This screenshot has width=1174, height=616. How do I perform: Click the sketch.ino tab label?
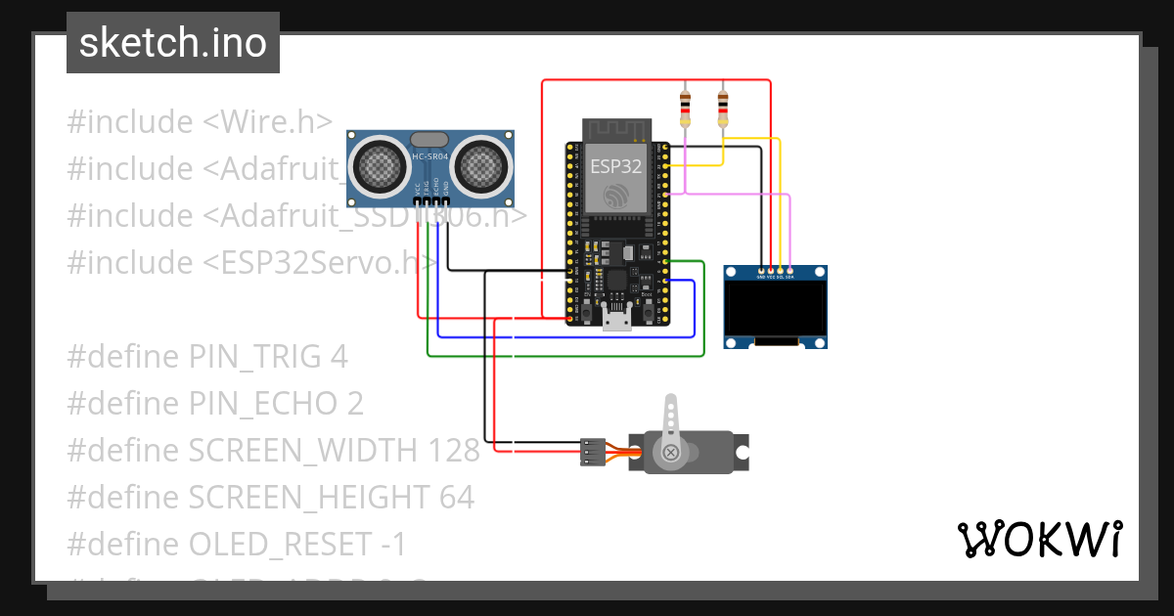(x=172, y=43)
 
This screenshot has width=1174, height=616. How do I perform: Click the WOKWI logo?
(x=1038, y=539)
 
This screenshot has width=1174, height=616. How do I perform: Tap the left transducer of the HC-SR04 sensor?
(x=378, y=165)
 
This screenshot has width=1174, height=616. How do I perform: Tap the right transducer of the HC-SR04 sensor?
(x=482, y=165)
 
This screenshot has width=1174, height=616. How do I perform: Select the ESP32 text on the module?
(x=615, y=166)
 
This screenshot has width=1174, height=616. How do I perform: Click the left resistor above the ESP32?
(x=685, y=108)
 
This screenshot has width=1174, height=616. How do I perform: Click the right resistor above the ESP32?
(x=723, y=108)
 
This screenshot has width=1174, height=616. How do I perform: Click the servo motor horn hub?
(x=671, y=452)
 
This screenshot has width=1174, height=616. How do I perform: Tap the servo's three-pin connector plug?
(x=590, y=451)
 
